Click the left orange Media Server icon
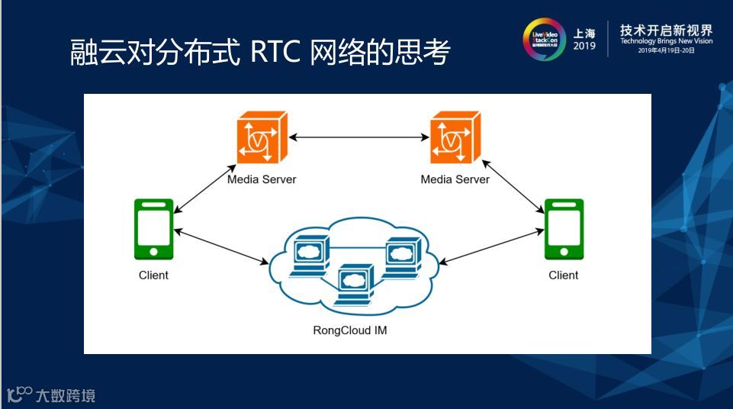click(x=261, y=139)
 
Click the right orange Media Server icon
click(x=455, y=139)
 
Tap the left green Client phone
click(x=153, y=229)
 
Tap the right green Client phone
click(x=564, y=229)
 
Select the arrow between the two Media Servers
click(x=358, y=138)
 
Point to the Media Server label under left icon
click(x=262, y=179)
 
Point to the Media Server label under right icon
click(x=455, y=179)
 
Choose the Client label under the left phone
click(x=153, y=275)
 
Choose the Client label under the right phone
click(x=564, y=275)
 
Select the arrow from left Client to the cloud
click(x=222, y=246)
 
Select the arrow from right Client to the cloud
click(x=492, y=246)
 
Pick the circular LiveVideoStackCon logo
click(x=544, y=39)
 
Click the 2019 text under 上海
click(x=584, y=47)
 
